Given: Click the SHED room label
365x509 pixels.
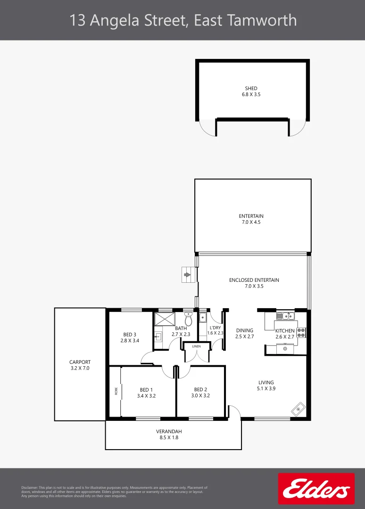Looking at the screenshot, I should click(251, 88).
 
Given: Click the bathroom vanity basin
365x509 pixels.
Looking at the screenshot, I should click(158, 337).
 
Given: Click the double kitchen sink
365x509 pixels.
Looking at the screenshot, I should click(285, 316).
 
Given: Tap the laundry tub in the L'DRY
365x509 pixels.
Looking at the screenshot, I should click(202, 317).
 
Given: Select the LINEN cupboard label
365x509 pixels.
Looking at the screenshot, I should click(196, 346).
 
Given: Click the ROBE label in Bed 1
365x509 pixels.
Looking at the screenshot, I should click(116, 391).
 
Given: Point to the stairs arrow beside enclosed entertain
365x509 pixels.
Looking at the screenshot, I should click(188, 274).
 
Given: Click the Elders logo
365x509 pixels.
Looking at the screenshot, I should click(316, 489).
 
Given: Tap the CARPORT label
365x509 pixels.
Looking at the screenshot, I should click(79, 362).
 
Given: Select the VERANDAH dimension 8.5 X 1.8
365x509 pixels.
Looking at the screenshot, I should click(169, 437).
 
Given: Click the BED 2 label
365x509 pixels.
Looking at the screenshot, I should click(200, 390).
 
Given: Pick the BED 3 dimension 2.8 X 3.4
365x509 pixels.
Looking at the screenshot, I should click(130, 340).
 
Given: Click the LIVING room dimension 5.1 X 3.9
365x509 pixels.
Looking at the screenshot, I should click(266, 389).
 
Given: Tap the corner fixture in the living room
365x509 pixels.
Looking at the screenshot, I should click(299, 409).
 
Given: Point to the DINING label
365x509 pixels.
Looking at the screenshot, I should click(244, 330).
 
